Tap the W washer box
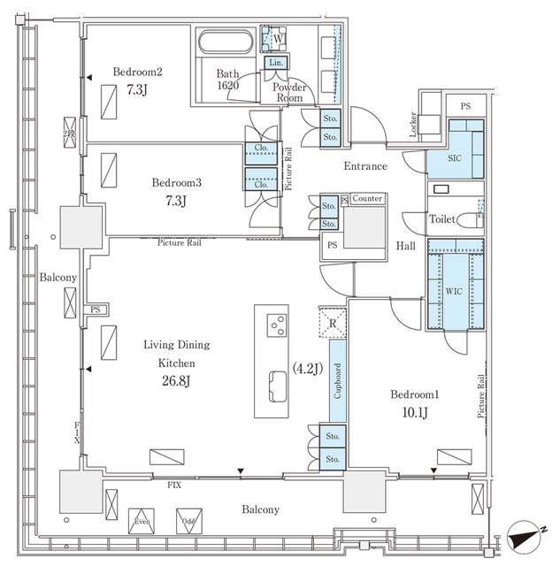pos(277,39)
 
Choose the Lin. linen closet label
pos(276,63)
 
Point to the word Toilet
pos(442,218)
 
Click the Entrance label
pos(366,165)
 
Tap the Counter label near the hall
pos(366,199)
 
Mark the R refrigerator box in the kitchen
pos(332,323)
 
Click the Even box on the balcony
pos(141,520)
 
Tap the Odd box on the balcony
pos(187,520)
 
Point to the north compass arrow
pos(527,533)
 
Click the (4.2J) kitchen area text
pos(306,365)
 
